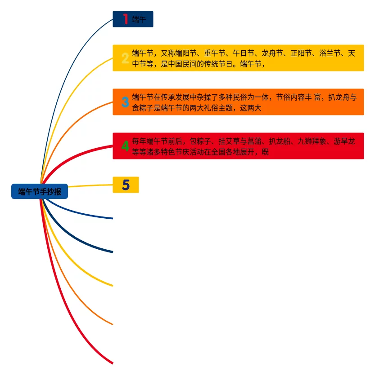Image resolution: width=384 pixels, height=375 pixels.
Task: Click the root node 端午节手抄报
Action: (40, 192)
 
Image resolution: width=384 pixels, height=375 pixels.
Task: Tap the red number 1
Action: (126, 19)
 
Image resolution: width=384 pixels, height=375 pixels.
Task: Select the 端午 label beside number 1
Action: (139, 19)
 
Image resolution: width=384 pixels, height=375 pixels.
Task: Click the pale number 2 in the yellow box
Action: (125, 58)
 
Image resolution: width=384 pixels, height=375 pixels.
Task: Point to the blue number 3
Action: (125, 102)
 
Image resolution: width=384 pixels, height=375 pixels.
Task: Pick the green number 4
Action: (125, 146)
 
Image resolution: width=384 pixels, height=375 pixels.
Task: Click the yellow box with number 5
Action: (126, 185)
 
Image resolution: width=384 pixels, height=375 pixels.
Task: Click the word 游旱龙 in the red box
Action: (344, 141)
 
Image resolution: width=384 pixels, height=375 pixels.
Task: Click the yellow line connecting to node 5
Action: (90, 185)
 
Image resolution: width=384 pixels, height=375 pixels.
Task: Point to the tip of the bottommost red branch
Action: (112, 362)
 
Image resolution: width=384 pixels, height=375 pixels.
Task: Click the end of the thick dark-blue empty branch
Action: (112, 252)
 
